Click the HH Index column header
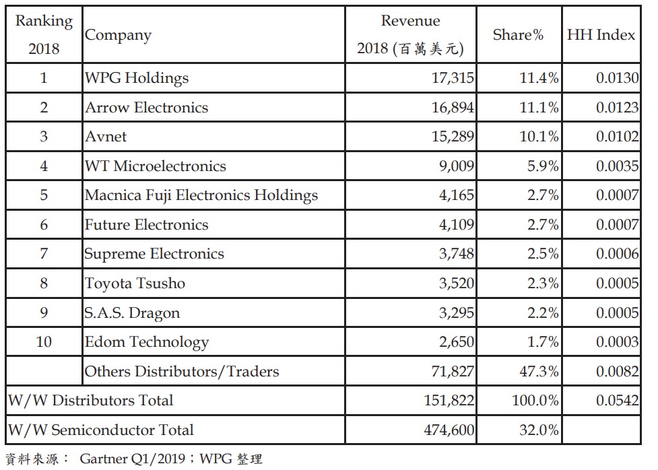coord(601,35)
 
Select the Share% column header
coord(518,35)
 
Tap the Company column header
coord(119,35)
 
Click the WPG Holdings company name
coord(137,78)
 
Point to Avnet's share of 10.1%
coord(539,137)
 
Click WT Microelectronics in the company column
coord(156,166)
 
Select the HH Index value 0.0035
coord(617,166)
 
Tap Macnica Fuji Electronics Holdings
coord(201,196)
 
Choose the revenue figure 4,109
coord(456,225)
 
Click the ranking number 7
coord(44,255)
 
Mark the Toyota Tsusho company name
coord(135,283)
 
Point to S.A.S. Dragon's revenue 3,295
coord(456,313)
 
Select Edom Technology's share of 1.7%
coord(543,342)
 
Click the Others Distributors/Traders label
coord(182,371)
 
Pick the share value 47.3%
coord(539,371)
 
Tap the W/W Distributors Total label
coord(90,401)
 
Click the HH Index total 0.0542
coord(617,401)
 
